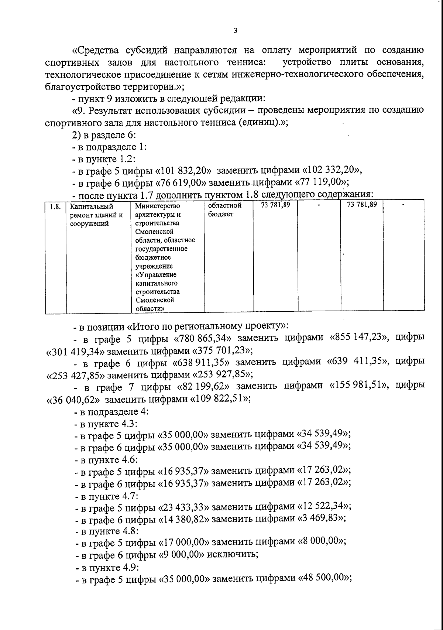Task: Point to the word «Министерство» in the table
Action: tap(158, 206)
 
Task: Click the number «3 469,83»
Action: tap(321, 518)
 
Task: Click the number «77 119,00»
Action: tap(322, 182)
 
